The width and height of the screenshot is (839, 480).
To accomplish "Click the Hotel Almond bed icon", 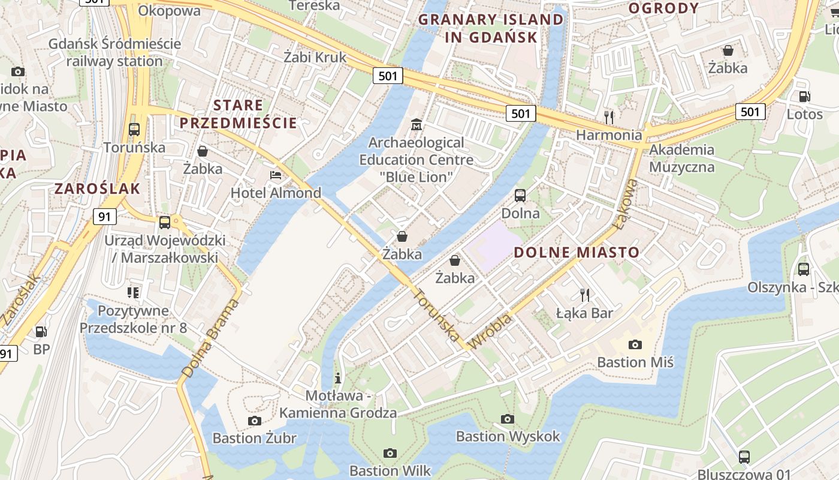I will click(x=276, y=175).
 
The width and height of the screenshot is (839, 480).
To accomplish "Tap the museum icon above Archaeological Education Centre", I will click(x=417, y=125).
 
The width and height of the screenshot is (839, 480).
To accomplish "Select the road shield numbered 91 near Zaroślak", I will click(x=104, y=216).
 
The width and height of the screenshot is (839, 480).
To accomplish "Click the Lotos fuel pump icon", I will click(x=804, y=97).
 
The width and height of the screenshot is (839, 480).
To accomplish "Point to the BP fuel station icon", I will click(x=41, y=331).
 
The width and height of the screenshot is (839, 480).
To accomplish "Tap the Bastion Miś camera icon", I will click(x=635, y=344).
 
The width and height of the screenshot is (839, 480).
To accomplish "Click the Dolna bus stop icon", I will click(x=520, y=195).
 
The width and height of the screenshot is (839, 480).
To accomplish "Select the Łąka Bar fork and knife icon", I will click(x=585, y=295).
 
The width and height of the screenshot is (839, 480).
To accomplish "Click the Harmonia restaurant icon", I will click(x=609, y=116).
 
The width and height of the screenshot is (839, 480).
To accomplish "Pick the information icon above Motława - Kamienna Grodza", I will click(x=338, y=378).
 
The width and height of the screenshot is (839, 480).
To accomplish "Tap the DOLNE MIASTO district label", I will click(x=577, y=253).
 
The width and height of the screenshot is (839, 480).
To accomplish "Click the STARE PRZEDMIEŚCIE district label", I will click(x=238, y=114).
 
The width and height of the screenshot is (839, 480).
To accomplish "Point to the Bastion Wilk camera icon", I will click(x=390, y=453).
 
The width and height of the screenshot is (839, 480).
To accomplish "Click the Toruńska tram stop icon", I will click(x=134, y=129).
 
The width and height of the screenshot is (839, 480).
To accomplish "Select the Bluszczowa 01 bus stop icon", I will click(x=744, y=457).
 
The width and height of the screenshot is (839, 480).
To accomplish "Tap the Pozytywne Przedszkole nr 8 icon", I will click(x=133, y=293).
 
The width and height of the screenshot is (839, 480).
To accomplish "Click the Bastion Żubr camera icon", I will click(x=255, y=421).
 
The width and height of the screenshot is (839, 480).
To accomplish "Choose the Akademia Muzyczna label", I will click(x=681, y=158).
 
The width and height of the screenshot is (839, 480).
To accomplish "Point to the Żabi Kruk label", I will click(x=315, y=57).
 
